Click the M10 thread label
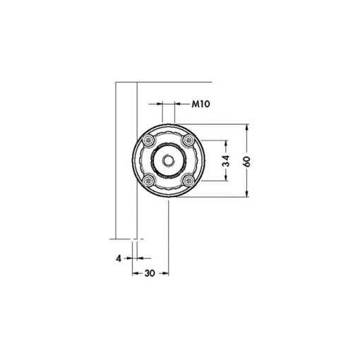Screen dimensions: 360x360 pyautogui.click(x=203, y=104)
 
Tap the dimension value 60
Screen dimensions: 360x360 pyautogui.click(x=246, y=162)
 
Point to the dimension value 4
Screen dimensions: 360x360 pyautogui.click(x=120, y=258)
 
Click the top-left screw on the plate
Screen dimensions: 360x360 pyautogui.click(x=149, y=142)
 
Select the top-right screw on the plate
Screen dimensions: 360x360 pyautogui.click(x=187, y=142)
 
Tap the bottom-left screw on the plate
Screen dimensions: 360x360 pyautogui.click(x=149, y=181)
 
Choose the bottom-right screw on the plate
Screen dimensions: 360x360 pyautogui.click(x=187, y=181)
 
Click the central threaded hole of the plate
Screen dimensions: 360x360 pyautogui.click(x=168, y=162)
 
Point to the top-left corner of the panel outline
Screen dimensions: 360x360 pyautogui.click(x=115, y=83)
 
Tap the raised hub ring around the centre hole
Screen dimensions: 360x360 pyautogui.click(x=168, y=152)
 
